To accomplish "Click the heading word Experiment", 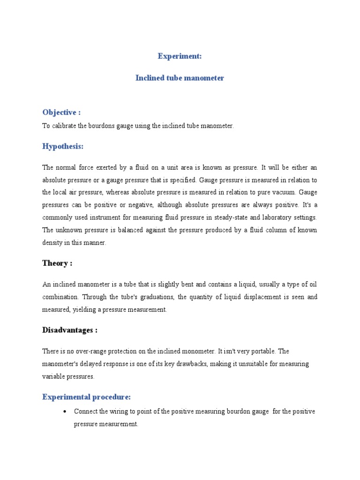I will tap(180, 56).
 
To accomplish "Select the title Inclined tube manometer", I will tap(180, 78).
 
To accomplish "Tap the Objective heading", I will tap(61, 112).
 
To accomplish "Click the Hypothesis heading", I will tap(63, 147).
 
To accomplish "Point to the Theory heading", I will tap(57, 263).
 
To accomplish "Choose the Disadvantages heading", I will tap(70, 330).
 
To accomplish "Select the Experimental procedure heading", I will tap(86, 397).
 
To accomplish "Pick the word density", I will tap(52, 243).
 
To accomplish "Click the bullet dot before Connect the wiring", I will tap(65, 412).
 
